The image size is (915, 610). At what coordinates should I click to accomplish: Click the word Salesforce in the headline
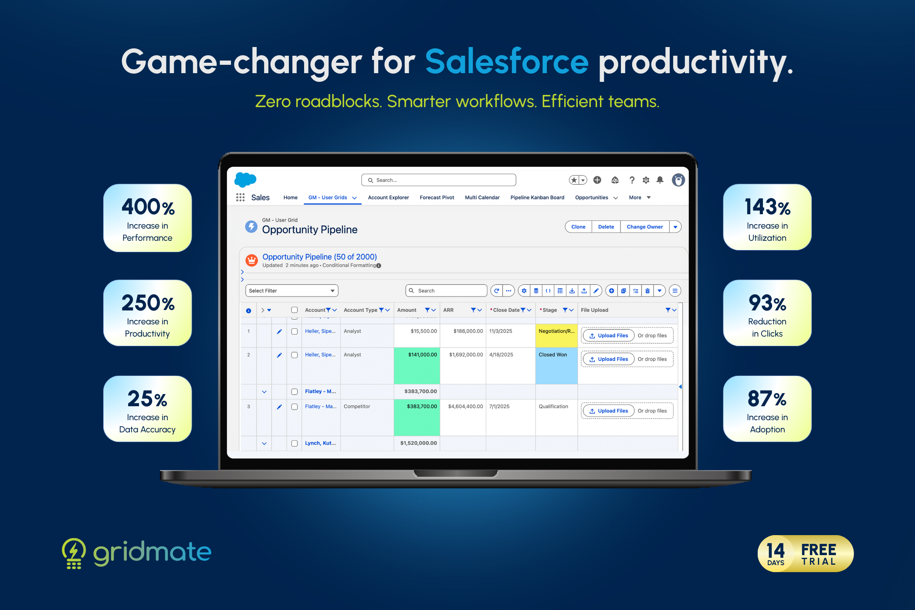tap(507, 61)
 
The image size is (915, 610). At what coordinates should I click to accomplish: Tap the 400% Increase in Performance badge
tap(147, 218)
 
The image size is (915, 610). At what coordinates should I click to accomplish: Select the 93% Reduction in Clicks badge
tap(767, 313)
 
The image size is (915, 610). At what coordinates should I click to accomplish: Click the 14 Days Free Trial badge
tap(806, 553)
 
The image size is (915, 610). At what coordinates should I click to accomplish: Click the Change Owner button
tap(644, 227)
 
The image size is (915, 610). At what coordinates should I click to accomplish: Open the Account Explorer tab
tap(388, 198)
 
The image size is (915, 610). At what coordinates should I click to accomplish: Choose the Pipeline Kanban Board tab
tap(537, 198)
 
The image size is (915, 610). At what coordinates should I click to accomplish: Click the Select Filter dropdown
tap(291, 291)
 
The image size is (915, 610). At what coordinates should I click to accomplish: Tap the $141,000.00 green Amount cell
tap(417, 366)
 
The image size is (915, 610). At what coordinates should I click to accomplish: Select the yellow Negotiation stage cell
tap(556, 336)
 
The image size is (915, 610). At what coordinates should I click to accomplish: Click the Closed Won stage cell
tap(556, 366)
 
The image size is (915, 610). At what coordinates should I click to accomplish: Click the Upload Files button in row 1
tap(608, 336)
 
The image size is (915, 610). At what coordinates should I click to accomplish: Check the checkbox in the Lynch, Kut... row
tap(295, 443)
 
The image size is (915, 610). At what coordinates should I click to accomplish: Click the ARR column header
tap(448, 310)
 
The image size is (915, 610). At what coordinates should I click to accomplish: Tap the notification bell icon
tap(660, 180)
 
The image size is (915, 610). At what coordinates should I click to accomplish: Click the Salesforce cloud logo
tap(245, 179)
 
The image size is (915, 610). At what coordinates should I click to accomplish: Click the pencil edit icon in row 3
tap(279, 407)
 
